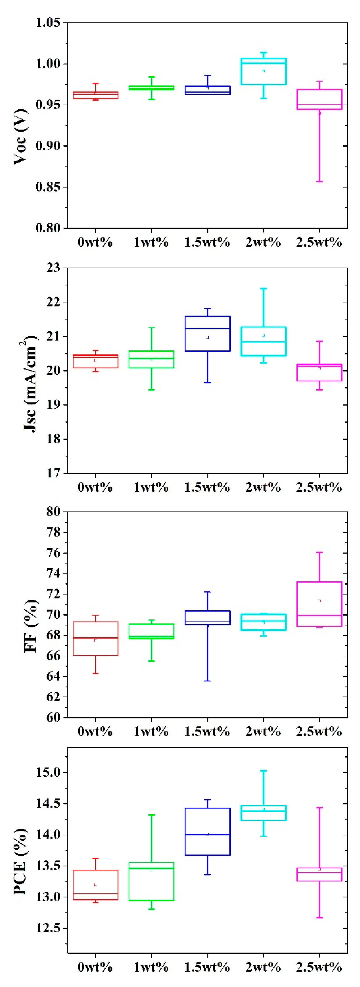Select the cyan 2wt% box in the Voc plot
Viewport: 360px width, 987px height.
coord(263,71)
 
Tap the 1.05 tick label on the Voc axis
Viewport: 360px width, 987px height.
coord(48,23)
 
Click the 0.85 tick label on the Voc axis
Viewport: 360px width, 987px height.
coord(48,187)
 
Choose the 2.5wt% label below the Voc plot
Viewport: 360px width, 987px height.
coord(319,242)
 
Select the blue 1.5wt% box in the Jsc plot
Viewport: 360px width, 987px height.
coord(207,333)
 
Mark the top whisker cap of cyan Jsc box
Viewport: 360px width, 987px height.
coord(263,289)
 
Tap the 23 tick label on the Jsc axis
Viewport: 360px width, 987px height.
coord(53,268)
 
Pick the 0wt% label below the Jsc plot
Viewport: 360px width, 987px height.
coord(95,487)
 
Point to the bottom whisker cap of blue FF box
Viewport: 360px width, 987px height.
coord(207,681)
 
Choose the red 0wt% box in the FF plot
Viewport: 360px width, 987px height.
coord(95,638)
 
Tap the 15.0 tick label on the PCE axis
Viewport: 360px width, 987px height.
coord(48,773)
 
